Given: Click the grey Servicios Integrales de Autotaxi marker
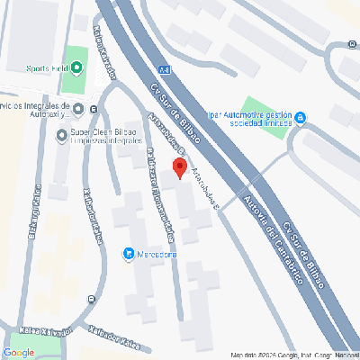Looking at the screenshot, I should pos(78,110).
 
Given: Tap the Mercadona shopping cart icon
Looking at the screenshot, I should pos(129,253).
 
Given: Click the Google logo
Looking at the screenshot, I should pos(19,352).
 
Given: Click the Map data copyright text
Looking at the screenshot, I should pos(292,355).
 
